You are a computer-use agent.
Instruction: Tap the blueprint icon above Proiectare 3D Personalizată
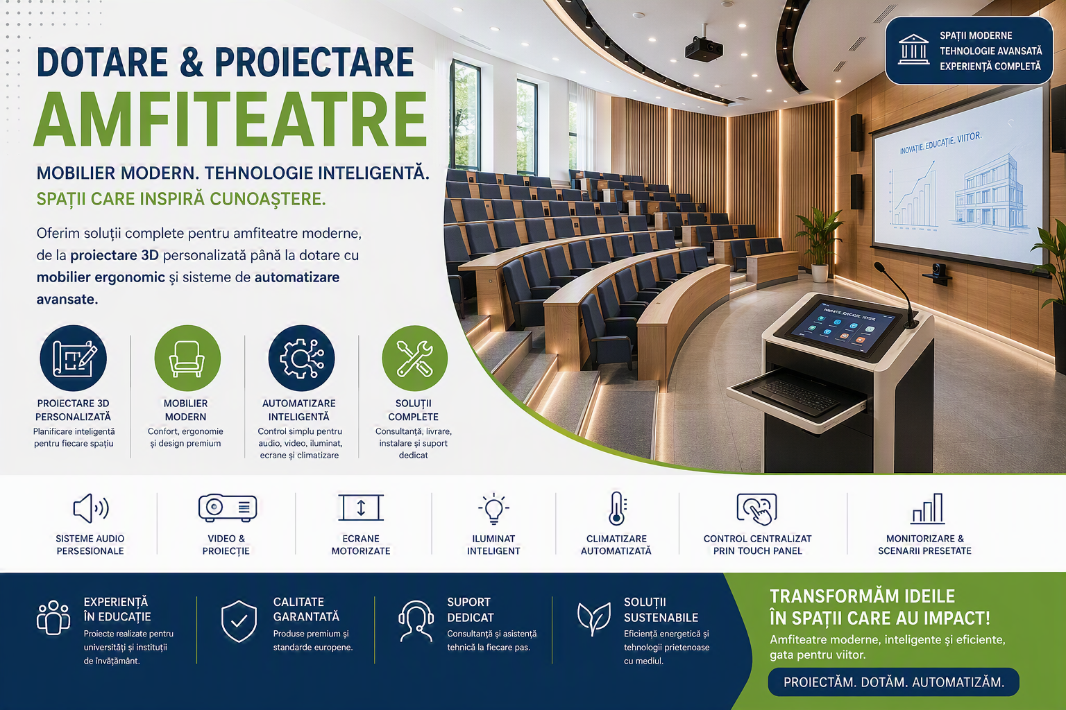point(74,358)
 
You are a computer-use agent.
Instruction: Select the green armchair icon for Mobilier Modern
point(187,358)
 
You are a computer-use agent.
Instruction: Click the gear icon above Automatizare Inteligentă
point(301,358)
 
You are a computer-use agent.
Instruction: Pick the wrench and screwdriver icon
point(414,358)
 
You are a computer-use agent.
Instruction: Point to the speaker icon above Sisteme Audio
point(90,508)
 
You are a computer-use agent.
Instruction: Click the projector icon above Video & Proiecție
point(228,508)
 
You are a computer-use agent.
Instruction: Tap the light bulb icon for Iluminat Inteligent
point(493,508)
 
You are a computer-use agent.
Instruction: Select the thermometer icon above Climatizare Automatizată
point(617,508)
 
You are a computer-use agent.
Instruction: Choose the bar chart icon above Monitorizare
point(927,508)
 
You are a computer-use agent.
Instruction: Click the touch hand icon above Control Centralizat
point(756,509)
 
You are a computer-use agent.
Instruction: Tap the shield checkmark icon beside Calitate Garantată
point(239,621)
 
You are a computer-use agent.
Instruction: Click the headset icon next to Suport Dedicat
point(416,621)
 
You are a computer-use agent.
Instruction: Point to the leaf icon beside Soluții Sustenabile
point(593,618)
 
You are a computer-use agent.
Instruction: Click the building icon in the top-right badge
point(913,49)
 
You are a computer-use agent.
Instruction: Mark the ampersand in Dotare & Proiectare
point(192,62)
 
